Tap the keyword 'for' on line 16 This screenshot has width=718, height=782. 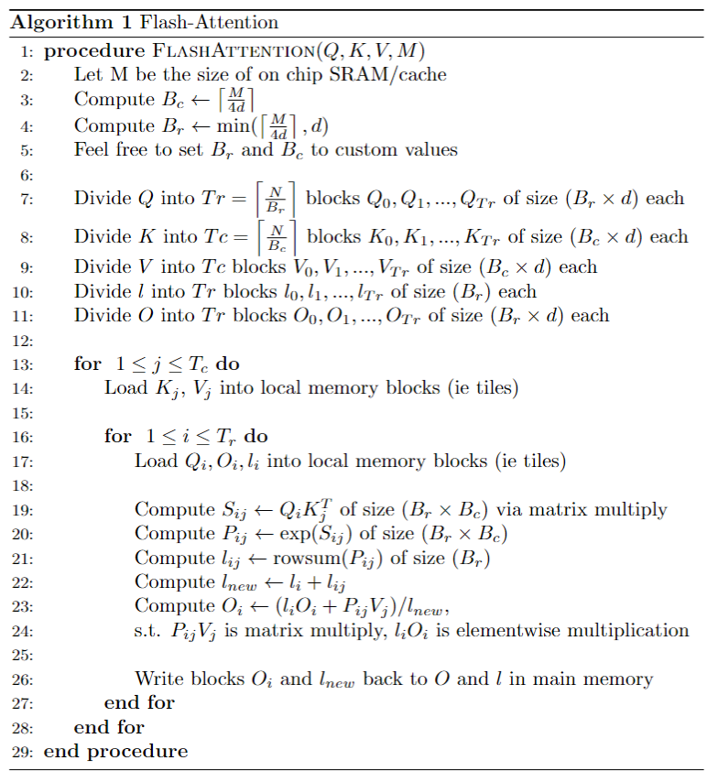(x=118, y=437)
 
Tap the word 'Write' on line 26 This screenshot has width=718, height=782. (x=158, y=679)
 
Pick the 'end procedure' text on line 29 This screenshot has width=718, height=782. (x=116, y=751)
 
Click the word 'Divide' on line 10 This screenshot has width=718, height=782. (x=103, y=291)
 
